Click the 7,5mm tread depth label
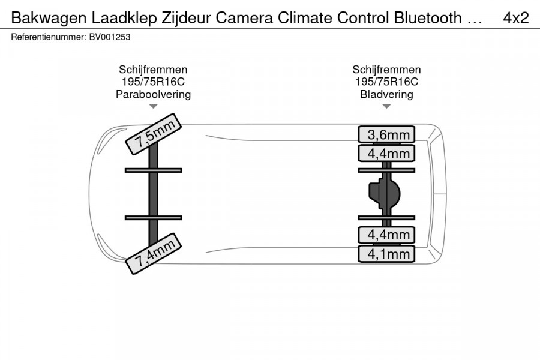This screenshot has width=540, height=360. [x=153, y=134]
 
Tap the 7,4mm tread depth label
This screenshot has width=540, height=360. [x=153, y=254]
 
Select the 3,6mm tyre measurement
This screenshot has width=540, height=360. [x=386, y=134]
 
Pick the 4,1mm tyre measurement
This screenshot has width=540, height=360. [x=386, y=254]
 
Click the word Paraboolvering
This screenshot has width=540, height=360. [x=153, y=94]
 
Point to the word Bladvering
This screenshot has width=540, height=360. [x=386, y=94]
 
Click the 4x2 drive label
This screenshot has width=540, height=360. [x=516, y=18]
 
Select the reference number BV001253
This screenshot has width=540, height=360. [x=110, y=37]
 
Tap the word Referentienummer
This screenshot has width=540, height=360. [x=48, y=37]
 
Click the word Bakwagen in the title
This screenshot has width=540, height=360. [x=49, y=18]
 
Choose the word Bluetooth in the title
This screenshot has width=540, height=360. [x=428, y=18]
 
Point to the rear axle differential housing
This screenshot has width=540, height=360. [x=385, y=194]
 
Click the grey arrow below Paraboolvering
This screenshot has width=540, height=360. [x=153, y=106]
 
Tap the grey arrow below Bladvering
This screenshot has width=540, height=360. [x=386, y=106]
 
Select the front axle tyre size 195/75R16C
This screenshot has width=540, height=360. [x=153, y=82]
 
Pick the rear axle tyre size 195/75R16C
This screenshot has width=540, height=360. [x=386, y=82]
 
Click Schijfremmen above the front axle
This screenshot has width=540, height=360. [x=153, y=70]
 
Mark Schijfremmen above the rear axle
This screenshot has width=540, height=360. [x=386, y=70]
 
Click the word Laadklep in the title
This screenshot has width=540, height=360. [x=124, y=18]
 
